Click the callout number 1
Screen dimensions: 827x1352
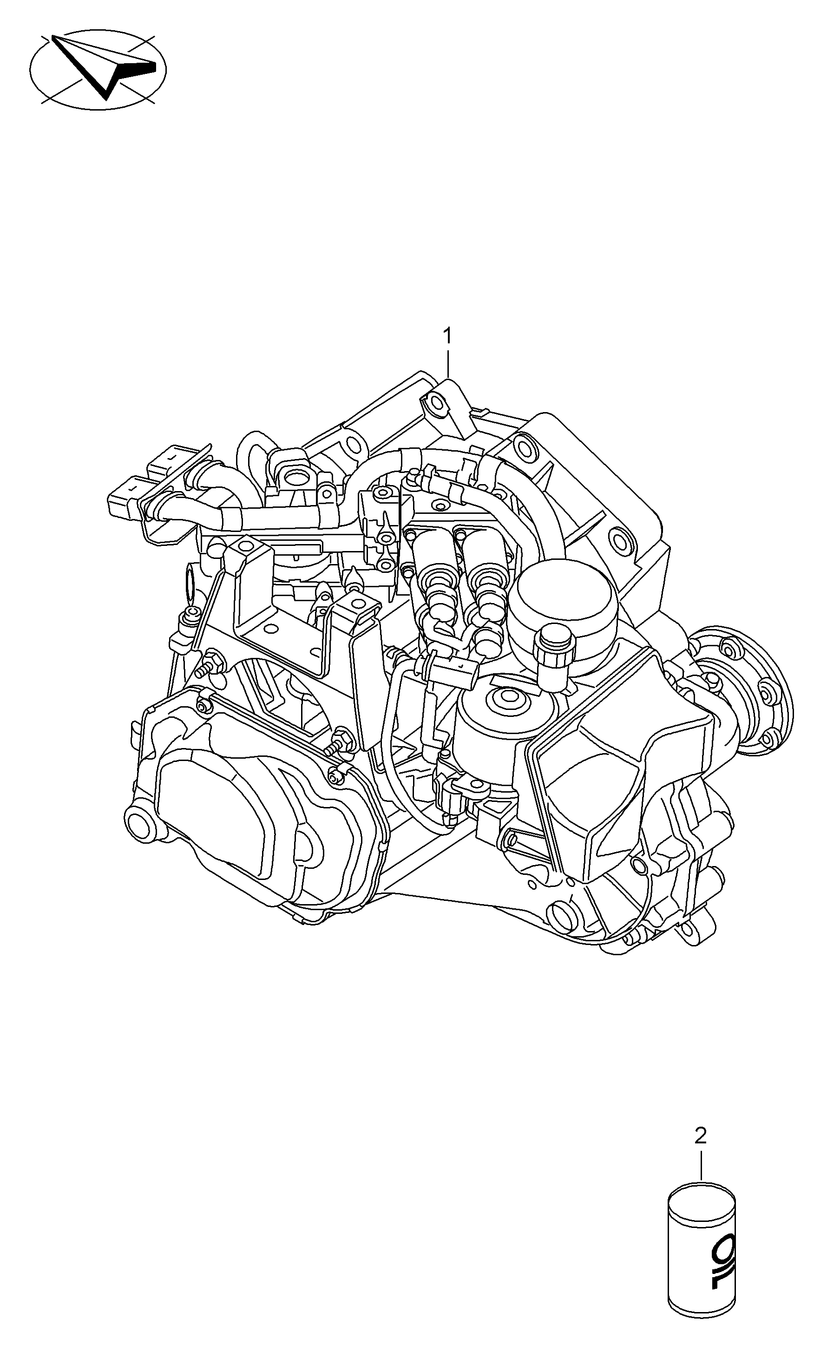(448, 335)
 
